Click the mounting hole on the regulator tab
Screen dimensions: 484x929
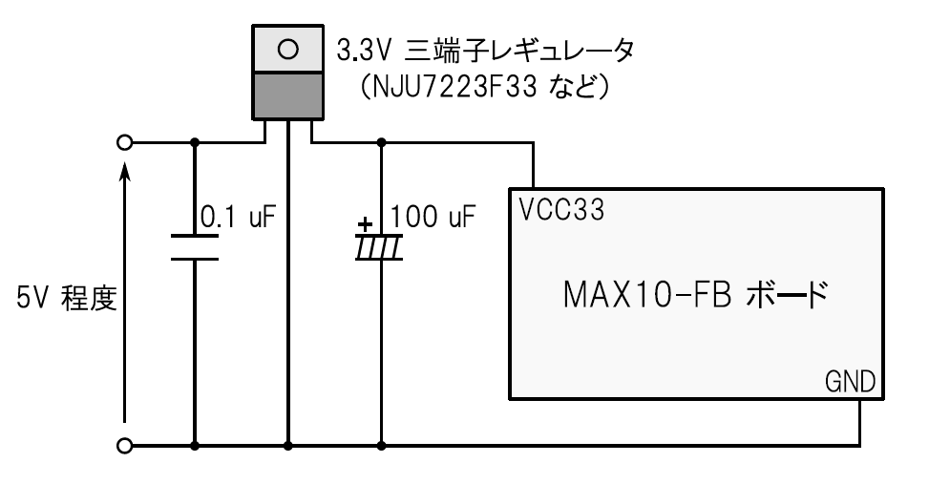(x=288, y=48)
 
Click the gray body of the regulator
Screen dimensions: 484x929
(x=287, y=95)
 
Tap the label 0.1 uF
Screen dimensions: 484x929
(x=237, y=217)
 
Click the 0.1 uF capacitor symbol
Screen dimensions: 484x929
(x=195, y=246)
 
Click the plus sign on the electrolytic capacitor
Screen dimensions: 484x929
(x=364, y=226)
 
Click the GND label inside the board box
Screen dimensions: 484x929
(x=850, y=383)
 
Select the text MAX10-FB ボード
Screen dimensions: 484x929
(x=689, y=291)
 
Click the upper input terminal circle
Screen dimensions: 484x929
(x=123, y=143)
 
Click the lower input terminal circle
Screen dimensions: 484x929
(x=123, y=445)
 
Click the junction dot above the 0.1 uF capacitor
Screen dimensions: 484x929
(x=195, y=143)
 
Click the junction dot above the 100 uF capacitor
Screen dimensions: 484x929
(x=381, y=143)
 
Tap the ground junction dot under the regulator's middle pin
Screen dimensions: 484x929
(x=287, y=445)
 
